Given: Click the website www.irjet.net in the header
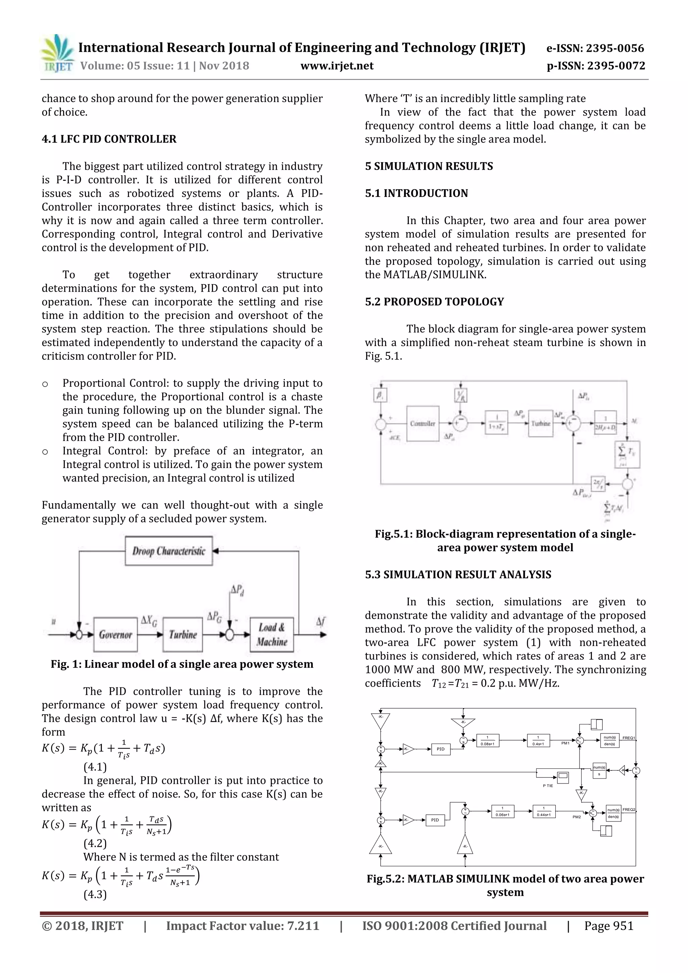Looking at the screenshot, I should click(337, 66).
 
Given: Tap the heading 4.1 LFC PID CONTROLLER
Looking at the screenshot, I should click(109, 139).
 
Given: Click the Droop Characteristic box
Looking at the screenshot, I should click(169, 551).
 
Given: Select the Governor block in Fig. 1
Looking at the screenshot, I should click(115, 635).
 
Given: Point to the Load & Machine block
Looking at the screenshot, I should click(271, 634).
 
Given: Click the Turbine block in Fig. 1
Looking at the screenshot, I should click(183, 635).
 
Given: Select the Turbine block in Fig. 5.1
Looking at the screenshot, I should click(541, 423).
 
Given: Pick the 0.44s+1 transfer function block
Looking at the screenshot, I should click(544, 811).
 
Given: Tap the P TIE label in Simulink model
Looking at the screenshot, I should click(548, 786).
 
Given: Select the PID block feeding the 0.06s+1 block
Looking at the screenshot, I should click(435, 820).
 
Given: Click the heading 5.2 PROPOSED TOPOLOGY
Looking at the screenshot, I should click(434, 302).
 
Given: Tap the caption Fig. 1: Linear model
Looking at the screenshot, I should click(182, 664).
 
